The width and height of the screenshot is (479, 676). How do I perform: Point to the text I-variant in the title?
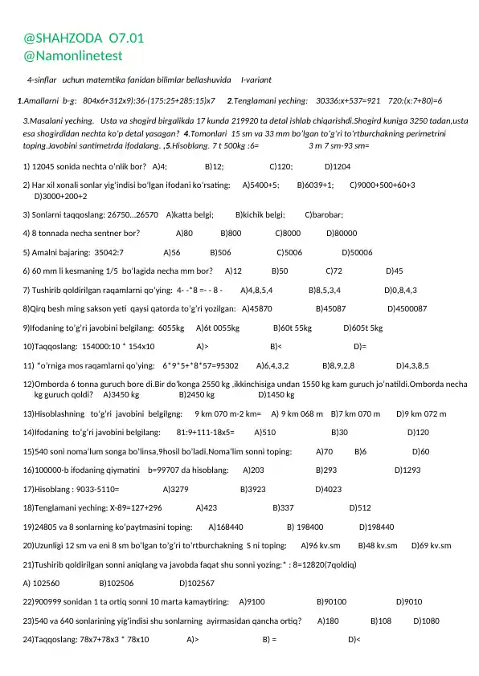(x=256, y=81)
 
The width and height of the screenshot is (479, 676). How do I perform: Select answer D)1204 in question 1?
(x=338, y=167)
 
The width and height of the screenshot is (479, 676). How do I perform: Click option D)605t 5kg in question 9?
(x=363, y=328)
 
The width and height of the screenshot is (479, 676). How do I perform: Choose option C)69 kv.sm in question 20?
(x=431, y=545)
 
